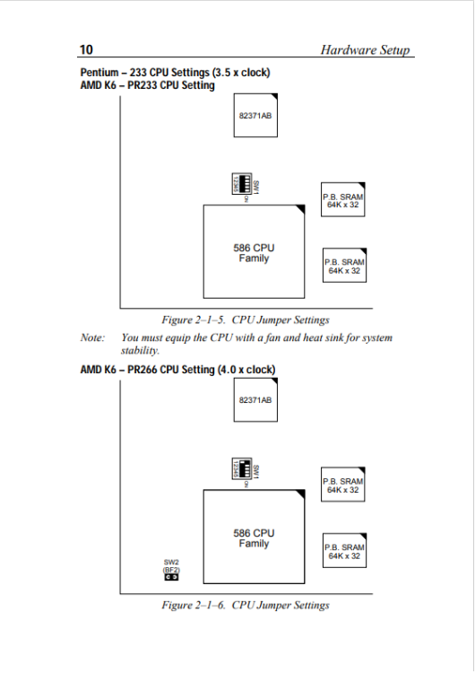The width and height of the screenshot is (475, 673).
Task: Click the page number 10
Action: (87, 50)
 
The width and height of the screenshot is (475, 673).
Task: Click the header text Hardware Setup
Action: (366, 50)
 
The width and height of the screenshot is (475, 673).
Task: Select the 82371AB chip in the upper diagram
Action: (255, 115)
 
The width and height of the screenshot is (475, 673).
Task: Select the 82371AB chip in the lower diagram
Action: (255, 398)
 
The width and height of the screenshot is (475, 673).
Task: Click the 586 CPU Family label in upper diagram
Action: (254, 253)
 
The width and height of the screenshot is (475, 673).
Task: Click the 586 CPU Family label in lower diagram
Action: (254, 538)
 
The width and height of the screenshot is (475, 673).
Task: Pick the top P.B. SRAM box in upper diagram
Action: (344, 200)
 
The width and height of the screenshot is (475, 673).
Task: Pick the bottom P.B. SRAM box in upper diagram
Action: (344, 266)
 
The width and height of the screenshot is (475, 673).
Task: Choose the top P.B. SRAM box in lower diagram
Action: (344, 485)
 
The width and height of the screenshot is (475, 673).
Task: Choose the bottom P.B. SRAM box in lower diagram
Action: (344, 551)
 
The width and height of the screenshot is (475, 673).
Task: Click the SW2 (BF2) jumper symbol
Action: (170, 577)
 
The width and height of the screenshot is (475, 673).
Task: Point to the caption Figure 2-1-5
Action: (245, 319)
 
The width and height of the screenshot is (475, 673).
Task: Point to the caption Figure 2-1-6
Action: (245, 605)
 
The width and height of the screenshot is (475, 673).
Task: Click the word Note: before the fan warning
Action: (92, 338)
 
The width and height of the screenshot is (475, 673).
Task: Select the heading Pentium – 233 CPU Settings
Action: (175, 73)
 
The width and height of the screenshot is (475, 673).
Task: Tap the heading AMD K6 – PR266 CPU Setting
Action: (177, 369)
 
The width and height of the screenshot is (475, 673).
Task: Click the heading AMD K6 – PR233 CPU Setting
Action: (148, 85)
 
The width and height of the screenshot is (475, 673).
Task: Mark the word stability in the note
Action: (139, 351)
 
